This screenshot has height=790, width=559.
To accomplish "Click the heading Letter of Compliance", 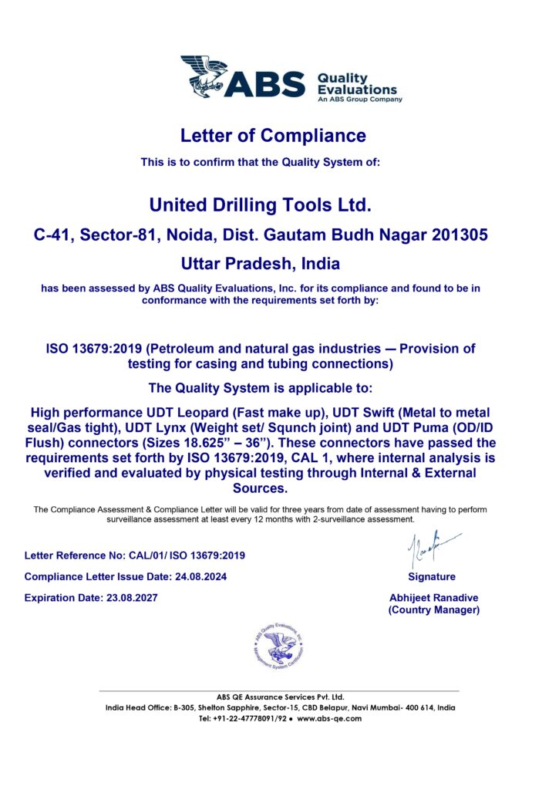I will click(x=273, y=136).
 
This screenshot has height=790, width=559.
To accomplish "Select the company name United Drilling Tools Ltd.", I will click(x=261, y=205).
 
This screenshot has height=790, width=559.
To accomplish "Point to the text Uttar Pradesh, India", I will click(x=261, y=263).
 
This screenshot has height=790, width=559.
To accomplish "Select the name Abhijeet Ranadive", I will click(x=434, y=598).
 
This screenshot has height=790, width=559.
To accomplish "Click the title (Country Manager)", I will click(x=434, y=610).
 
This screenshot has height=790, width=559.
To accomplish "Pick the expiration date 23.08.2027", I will click(x=130, y=598).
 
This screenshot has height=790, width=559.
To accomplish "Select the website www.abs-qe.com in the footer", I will click(x=329, y=718).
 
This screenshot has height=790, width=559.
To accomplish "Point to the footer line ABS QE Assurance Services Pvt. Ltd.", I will click(x=280, y=697).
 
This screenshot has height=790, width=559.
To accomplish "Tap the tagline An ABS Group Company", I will click(x=360, y=100).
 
